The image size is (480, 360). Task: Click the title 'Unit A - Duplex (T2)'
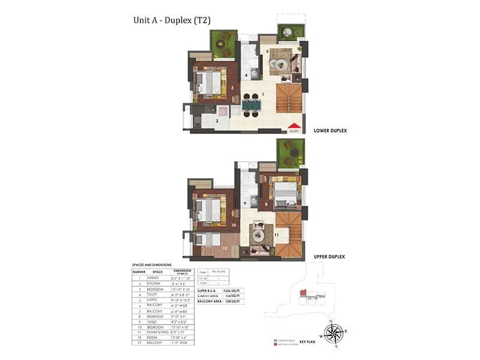click(x=171, y=20)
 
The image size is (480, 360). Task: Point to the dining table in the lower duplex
click(x=252, y=106)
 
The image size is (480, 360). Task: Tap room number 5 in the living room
click(x=267, y=52)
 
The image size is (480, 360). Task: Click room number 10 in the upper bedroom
click(x=233, y=226)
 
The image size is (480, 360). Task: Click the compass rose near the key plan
click(x=334, y=332)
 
